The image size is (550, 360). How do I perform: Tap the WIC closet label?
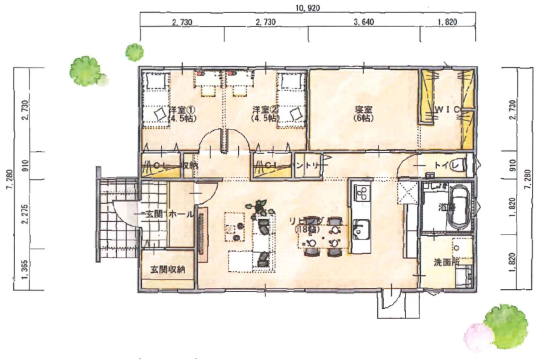tap(446, 110)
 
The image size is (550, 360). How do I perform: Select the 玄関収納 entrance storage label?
tap(168, 269)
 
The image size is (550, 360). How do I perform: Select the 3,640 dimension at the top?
tap(363, 22)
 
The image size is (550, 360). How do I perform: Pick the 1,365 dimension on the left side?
tap(23, 270)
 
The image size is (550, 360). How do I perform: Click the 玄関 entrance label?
tap(153, 214)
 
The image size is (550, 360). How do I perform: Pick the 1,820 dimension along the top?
tap(447, 22)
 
